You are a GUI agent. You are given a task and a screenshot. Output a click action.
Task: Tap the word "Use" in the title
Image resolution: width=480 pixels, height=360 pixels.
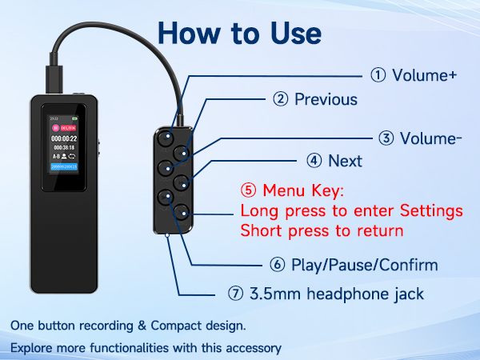coord(293,33)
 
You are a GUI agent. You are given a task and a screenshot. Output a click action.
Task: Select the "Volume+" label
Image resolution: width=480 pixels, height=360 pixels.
coord(424,75)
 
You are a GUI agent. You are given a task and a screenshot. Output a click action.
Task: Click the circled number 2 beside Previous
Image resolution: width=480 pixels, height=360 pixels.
coord(280,100)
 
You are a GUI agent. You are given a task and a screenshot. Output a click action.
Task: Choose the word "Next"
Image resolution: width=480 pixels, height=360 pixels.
coord(345,161)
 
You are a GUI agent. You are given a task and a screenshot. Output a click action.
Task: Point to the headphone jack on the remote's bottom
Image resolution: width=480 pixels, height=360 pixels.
coord(166,234)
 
